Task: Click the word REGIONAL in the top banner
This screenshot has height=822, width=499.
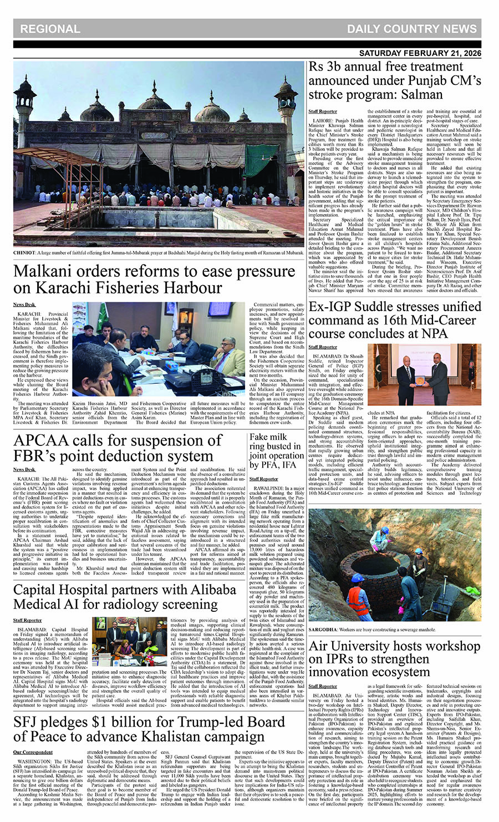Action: click(x=50, y=29)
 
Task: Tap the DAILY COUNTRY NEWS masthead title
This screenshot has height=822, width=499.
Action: click(x=411, y=29)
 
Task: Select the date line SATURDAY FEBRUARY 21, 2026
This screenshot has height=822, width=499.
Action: click(x=420, y=53)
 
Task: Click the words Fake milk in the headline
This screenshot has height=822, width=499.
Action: click(x=268, y=437)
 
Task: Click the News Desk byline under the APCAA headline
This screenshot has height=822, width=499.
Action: click(x=24, y=469)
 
